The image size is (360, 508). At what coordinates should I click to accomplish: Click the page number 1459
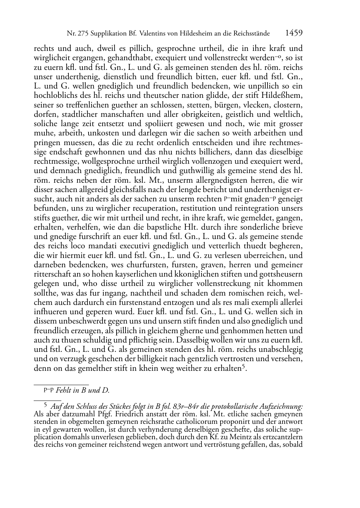click(294, 33)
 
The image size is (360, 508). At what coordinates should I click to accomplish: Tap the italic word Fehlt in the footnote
click(63, 391)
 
